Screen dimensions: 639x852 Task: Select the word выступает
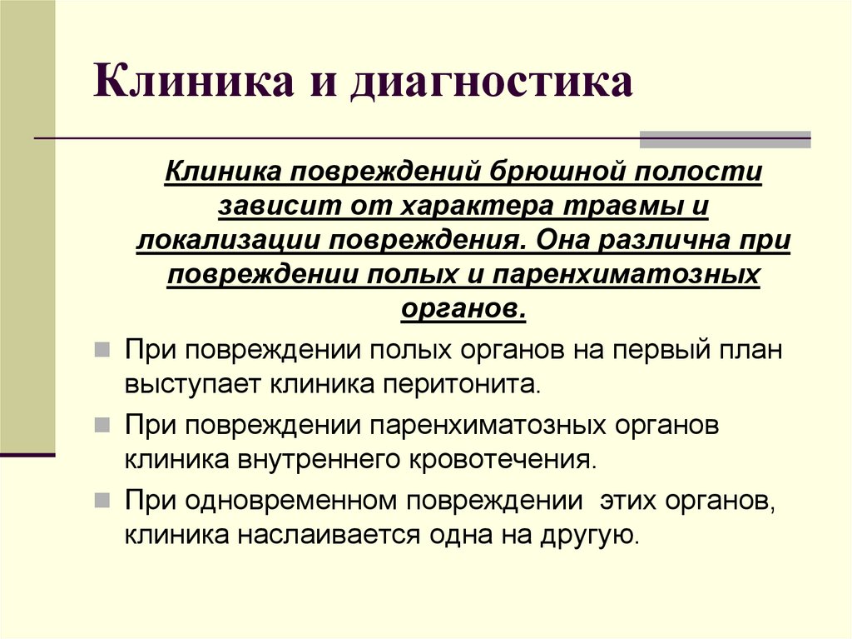tap(195, 385)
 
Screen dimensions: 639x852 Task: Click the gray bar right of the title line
tap(725, 139)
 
